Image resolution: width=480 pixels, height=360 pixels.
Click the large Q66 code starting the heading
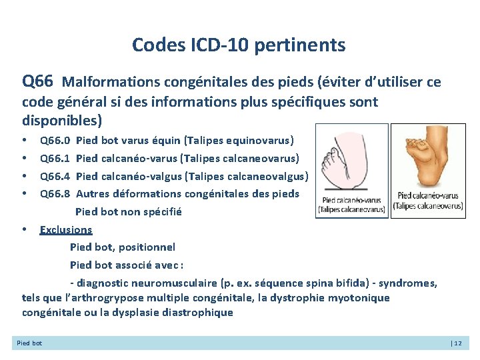[x=37, y=82]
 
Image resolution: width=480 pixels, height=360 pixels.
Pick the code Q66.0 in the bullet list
[x=55, y=141]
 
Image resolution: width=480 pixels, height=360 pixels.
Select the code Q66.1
[x=55, y=159]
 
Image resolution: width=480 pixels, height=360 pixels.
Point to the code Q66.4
[x=55, y=177]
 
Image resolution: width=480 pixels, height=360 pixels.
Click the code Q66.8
[x=55, y=194]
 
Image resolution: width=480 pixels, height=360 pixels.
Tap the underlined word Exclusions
[x=66, y=230]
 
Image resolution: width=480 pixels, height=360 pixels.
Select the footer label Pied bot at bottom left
[x=29, y=343]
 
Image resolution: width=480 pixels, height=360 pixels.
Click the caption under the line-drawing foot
[x=351, y=204]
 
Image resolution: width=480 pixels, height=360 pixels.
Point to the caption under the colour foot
[x=428, y=201]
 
